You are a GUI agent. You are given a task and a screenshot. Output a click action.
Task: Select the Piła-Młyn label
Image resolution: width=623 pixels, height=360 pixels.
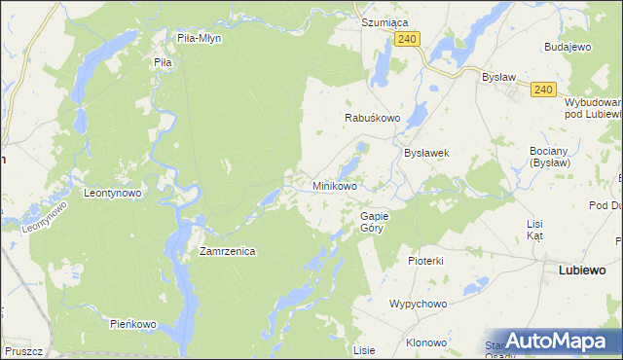click(200, 39)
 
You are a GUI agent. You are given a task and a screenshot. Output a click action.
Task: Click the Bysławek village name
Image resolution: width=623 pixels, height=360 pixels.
click(425, 153)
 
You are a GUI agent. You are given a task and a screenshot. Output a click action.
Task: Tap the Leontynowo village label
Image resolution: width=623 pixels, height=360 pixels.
click(113, 193)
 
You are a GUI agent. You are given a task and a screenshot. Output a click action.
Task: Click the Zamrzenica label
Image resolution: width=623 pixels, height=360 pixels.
click(227, 251)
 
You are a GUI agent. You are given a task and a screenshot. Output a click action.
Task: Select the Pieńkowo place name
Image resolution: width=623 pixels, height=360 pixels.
click(133, 323)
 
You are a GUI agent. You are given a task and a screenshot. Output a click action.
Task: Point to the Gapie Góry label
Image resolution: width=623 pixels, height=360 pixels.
click(374, 222)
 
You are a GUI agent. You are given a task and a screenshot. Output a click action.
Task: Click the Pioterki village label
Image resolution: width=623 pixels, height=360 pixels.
click(425, 261)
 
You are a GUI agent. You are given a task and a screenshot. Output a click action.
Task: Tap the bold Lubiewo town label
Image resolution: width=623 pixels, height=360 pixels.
click(582, 270)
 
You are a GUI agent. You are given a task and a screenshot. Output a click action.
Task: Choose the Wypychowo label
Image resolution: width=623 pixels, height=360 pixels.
click(418, 304)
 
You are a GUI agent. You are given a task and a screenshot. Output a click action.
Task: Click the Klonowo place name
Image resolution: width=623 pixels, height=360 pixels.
click(426, 342)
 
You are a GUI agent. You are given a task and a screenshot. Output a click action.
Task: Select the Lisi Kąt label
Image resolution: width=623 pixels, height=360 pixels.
click(534, 230)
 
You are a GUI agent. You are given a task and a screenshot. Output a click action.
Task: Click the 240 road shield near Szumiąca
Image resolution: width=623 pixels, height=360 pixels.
click(408, 39)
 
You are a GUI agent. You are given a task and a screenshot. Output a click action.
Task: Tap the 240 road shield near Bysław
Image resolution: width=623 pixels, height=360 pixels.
click(543, 90)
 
